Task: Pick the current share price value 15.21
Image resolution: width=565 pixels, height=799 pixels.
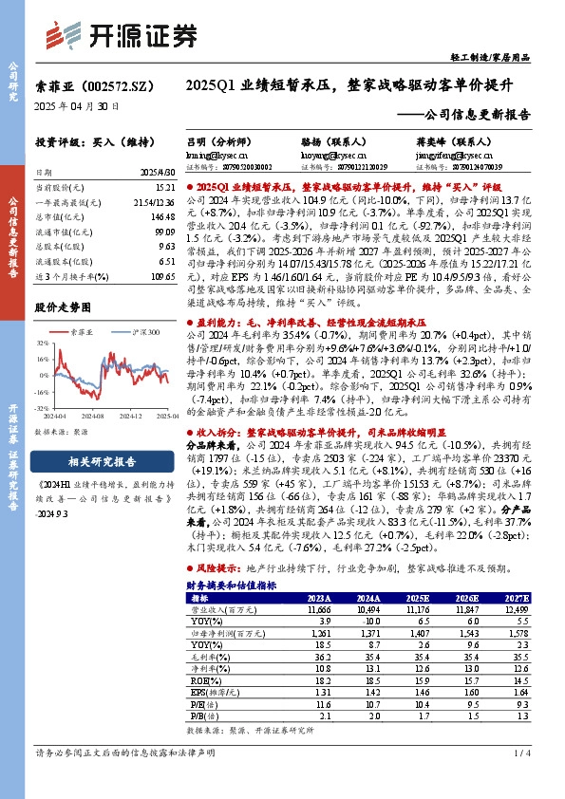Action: pos(163,189)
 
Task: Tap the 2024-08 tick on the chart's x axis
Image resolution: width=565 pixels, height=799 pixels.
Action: pos(93,415)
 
